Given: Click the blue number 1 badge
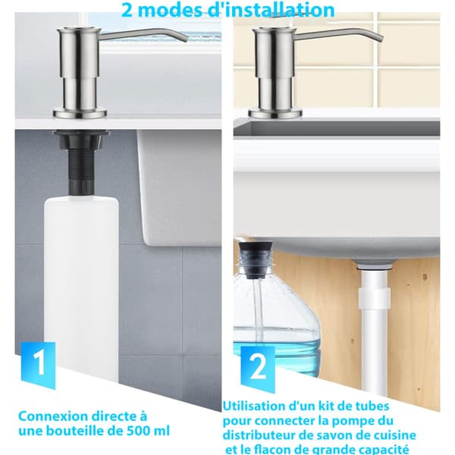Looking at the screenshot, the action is tap(39, 365).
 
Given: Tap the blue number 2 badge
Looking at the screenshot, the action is tap(258, 367).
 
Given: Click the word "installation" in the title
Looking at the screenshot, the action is tap(271, 10).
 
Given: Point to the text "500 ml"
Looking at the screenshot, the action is tap(149, 431).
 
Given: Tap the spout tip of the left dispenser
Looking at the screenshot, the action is tap(186, 39).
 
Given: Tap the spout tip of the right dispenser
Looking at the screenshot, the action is tap(381, 39).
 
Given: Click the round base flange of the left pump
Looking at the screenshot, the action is tap(79, 113).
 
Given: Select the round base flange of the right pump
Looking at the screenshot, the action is tap(275, 113).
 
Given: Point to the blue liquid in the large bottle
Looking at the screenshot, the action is tap(277, 348).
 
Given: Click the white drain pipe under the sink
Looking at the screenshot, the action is tap(374, 328).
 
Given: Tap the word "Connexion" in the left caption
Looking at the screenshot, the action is tap(53, 416).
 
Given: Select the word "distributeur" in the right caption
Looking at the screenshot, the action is tap(259, 435).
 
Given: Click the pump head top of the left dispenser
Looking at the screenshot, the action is tap(79, 29).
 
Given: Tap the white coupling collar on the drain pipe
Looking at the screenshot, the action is tap(374, 298).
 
